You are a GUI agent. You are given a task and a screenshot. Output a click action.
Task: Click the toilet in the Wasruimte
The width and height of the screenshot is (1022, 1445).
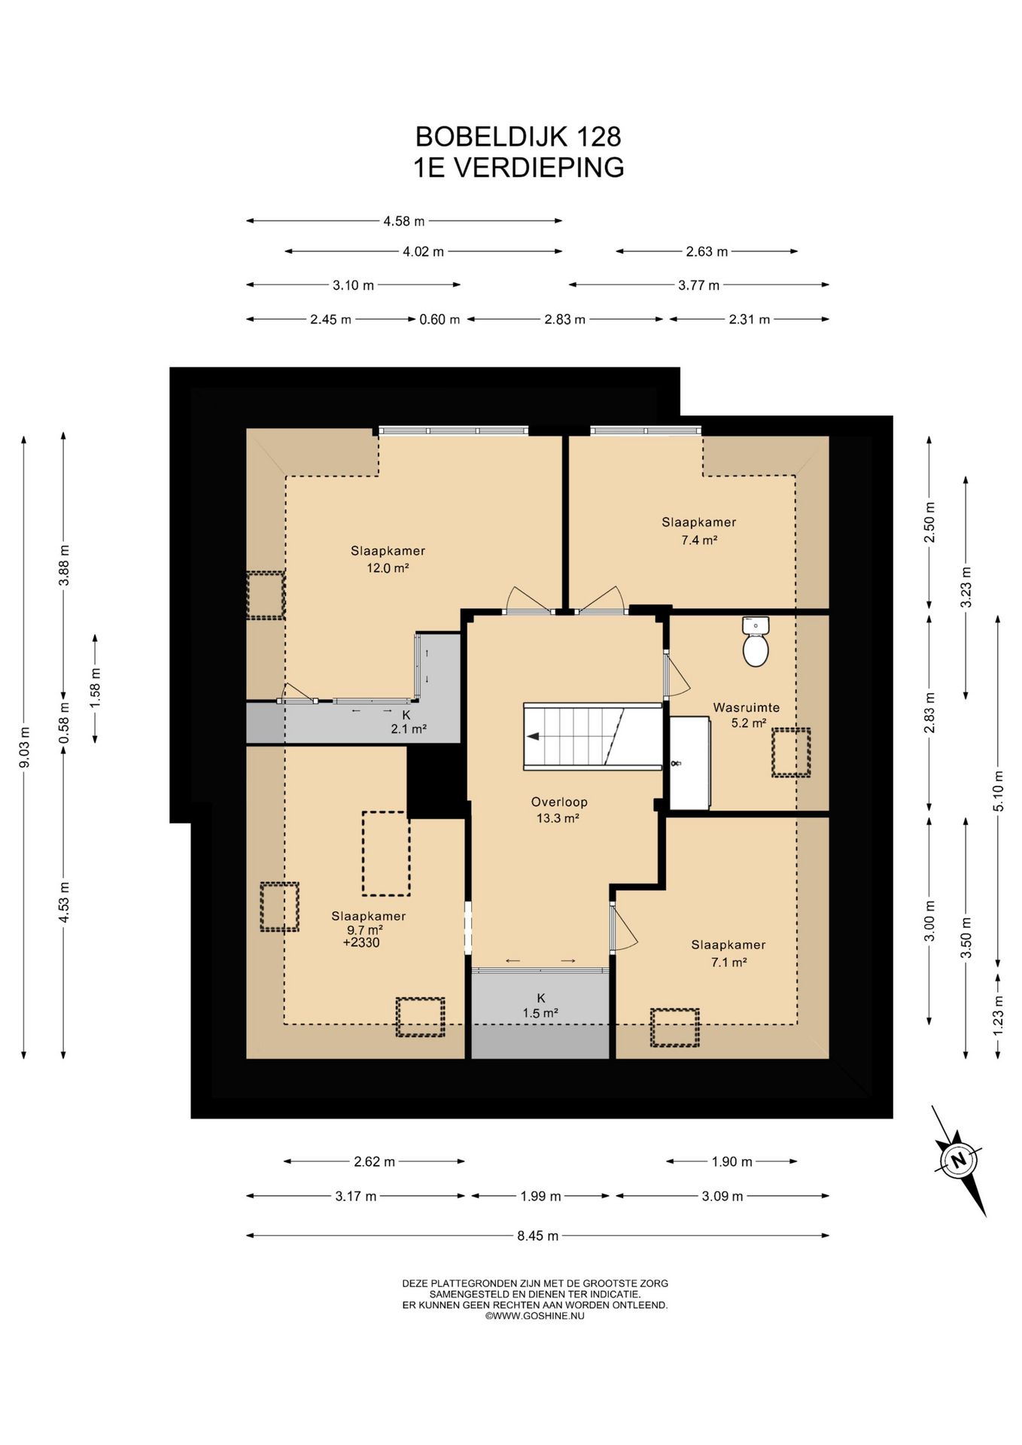coord(755,650)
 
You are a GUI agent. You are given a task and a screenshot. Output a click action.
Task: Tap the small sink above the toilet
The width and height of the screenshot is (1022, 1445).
coord(755,625)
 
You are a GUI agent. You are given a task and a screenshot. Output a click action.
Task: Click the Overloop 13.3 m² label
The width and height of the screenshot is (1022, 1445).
coord(558,811)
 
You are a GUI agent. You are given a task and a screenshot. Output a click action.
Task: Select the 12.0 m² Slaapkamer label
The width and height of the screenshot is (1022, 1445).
coord(388,559)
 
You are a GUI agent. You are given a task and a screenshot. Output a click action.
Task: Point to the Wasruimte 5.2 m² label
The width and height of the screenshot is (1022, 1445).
coord(747,715)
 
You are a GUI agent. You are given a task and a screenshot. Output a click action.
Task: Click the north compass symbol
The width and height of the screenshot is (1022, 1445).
coord(958,1160)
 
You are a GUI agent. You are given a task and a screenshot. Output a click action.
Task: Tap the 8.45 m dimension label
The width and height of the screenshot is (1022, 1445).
coord(538,1235)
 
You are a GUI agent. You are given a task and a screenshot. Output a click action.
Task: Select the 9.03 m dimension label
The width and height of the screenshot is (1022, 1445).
coord(24,747)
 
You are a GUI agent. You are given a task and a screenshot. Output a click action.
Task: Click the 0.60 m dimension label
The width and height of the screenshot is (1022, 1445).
coord(440,319)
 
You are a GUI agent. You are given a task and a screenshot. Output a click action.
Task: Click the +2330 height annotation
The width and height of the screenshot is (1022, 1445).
coord(361,942)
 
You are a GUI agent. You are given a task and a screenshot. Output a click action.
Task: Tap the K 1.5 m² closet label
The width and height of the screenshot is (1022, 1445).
coord(540,1005)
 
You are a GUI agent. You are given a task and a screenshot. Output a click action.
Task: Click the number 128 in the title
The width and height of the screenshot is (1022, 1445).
coord(598,136)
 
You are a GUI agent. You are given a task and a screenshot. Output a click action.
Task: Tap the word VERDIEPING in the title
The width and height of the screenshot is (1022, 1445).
coord(539,167)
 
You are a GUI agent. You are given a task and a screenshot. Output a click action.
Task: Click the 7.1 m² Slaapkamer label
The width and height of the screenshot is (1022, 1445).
coord(728,954)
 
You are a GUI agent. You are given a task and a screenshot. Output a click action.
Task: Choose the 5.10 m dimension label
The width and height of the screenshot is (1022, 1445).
coord(999,791)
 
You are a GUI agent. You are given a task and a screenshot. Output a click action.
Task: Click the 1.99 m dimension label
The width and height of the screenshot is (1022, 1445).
coord(540,1196)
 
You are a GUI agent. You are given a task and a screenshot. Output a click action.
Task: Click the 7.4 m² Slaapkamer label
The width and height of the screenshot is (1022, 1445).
coord(698,531)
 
